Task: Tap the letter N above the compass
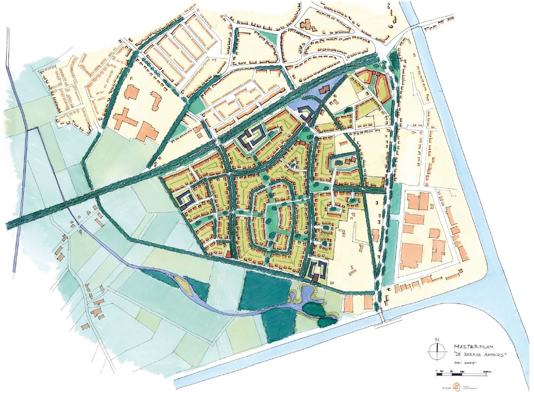(437, 339)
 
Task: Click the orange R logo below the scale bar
(456, 387)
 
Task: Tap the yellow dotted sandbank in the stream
(184, 284)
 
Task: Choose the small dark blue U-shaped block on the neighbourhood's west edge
(187, 199)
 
